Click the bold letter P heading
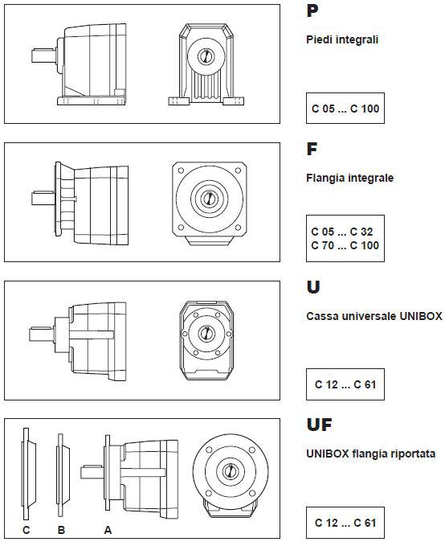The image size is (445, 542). click(312, 11)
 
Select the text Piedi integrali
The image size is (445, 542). click(342, 39)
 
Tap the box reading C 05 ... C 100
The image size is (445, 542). click(345, 109)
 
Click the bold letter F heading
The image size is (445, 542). click(312, 149)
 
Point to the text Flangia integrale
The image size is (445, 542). click(349, 178)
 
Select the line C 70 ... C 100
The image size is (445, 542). click(345, 245)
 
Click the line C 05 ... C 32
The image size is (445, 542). click(342, 232)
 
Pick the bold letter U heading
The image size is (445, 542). click(312, 287)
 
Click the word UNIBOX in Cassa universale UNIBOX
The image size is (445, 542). click(421, 316)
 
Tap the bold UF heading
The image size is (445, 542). click(319, 425)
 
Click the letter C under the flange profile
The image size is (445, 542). click(27, 530)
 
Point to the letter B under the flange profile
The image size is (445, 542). click(61, 530)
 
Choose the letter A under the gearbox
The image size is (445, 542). click(108, 530)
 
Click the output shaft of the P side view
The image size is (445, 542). click(43, 56)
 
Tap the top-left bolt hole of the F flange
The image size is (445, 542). click(181, 170)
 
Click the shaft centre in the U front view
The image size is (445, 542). click(206, 334)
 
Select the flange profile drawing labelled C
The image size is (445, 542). click(28, 474)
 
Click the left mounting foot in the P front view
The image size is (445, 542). click(179, 101)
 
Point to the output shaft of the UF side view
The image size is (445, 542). click(92, 472)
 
